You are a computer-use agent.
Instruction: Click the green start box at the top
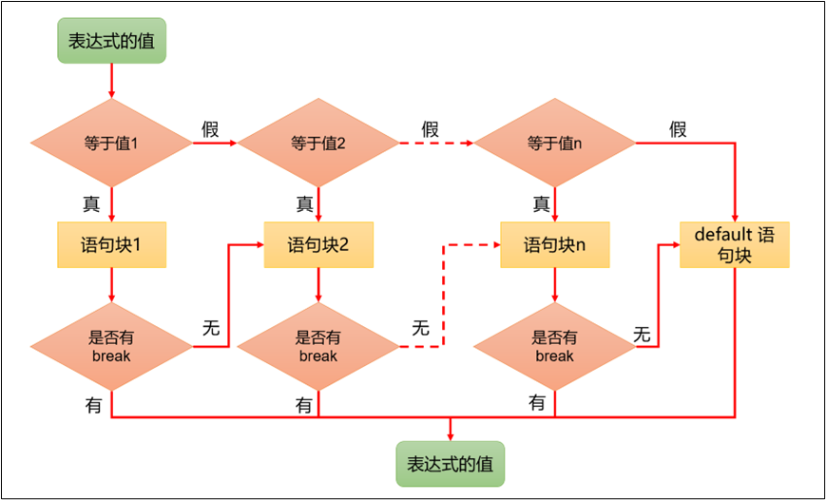coord(111,41)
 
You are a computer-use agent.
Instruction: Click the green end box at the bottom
coord(450,464)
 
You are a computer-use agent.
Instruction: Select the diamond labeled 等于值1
coord(111,144)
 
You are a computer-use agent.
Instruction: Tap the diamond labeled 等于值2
coord(317,144)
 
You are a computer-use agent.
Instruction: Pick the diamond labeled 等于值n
coord(554,144)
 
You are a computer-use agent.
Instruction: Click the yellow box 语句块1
coord(111,244)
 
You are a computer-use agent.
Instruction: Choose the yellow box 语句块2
coord(317,244)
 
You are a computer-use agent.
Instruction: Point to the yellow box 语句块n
coord(554,244)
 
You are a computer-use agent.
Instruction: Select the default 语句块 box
coord(735,244)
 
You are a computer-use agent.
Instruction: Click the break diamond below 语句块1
coord(111,347)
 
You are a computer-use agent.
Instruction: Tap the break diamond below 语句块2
coord(317,347)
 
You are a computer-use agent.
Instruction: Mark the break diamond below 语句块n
coord(554,347)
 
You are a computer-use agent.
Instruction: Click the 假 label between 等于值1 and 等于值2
coord(210,129)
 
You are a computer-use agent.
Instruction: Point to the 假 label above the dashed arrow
coord(430,129)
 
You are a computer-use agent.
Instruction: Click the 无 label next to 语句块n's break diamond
coord(642,334)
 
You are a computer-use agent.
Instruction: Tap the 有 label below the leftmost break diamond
coord(93,405)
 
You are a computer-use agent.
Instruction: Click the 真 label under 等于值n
coord(541,203)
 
